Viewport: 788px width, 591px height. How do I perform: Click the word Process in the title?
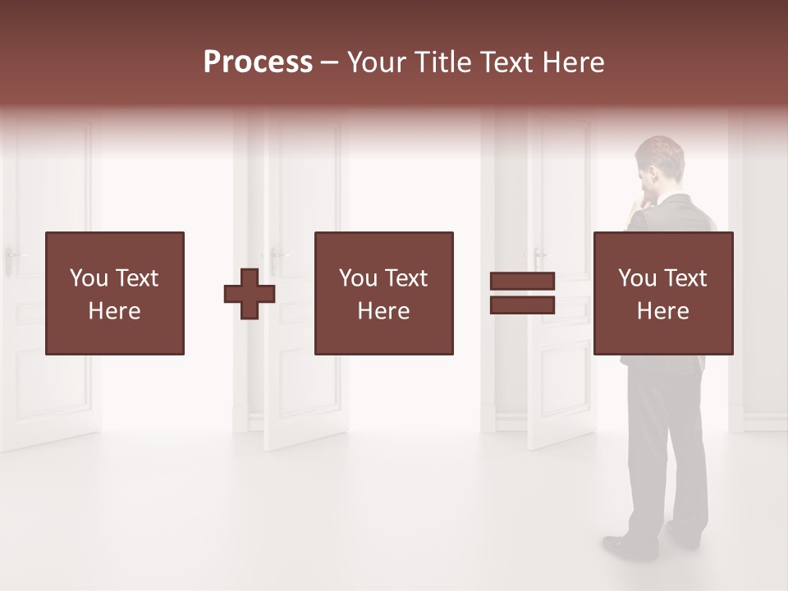(x=258, y=62)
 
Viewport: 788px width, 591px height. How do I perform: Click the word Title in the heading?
(x=439, y=62)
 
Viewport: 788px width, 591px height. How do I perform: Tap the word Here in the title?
(x=571, y=62)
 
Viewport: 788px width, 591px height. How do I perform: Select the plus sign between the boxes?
(x=250, y=293)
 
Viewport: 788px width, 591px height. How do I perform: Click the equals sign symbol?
(x=522, y=293)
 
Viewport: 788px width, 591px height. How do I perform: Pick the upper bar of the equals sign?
(x=522, y=282)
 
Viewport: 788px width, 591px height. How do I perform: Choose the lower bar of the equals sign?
(x=522, y=305)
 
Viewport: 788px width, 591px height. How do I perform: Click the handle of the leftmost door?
(x=11, y=254)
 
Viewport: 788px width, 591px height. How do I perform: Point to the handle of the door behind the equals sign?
(x=538, y=254)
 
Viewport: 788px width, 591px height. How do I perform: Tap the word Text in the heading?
(x=508, y=62)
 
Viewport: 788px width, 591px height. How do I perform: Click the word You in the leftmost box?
(x=89, y=278)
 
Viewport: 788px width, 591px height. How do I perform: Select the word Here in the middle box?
(x=384, y=311)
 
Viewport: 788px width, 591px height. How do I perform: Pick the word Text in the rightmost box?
(x=685, y=278)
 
